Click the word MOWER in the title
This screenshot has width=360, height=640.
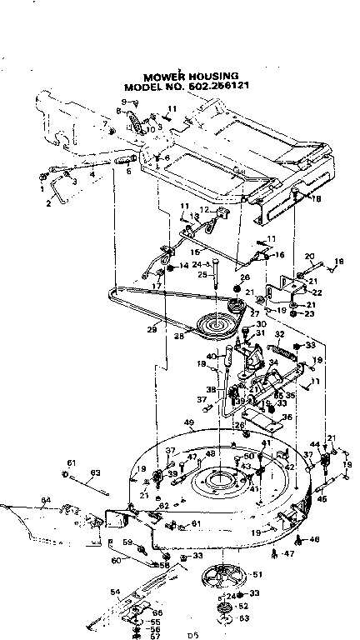click(x=161, y=76)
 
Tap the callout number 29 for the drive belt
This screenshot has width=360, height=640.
click(x=152, y=330)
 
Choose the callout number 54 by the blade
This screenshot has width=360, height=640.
click(x=115, y=592)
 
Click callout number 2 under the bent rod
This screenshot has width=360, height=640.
click(x=48, y=202)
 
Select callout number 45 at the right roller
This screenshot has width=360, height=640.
click(x=323, y=500)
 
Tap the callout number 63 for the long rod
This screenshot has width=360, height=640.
click(x=94, y=474)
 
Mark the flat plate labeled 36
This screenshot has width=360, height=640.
click(x=265, y=426)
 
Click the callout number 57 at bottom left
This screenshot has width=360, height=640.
click(x=155, y=636)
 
